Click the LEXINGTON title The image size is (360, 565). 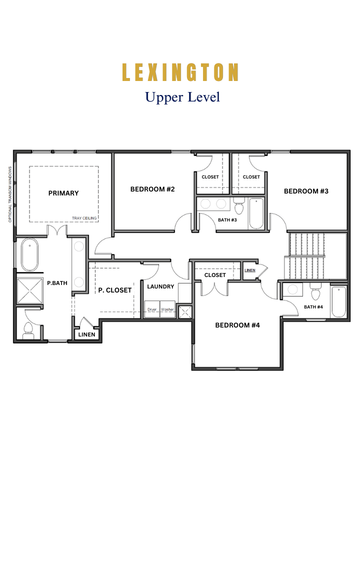(x=180, y=72)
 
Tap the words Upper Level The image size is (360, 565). (x=182, y=97)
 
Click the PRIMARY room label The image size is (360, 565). (x=63, y=193)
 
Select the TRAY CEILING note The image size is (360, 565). (x=84, y=218)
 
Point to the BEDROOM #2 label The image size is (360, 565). (x=152, y=189)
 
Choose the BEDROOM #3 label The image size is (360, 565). (x=306, y=191)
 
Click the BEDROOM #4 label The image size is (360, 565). (x=237, y=325)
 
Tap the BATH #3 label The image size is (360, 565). (x=227, y=220)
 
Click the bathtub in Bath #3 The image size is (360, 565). (x=256, y=213)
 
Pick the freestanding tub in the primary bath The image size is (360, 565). (x=29, y=254)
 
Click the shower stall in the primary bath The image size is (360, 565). (x=30, y=291)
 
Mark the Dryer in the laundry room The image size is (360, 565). (x=152, y=309)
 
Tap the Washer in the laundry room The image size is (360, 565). (x=167, y=309)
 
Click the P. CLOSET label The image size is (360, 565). (x=115, y=290)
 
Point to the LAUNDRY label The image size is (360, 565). (x=160, y=286)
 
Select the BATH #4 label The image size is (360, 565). (x=313, y=307)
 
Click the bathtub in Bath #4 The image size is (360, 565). (x=338, y=302)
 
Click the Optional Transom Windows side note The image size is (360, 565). (x=10, y=194)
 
